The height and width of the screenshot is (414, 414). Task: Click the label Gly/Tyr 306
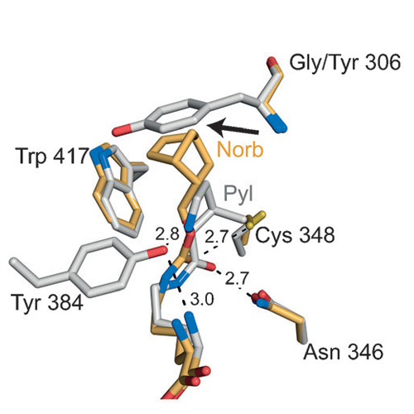(x=344, y=64)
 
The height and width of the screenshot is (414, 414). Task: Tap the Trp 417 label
(x=52, y=156)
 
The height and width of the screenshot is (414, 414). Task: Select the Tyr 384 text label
(x=46, y=302)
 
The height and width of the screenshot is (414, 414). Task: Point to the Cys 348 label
(x=295, y=236)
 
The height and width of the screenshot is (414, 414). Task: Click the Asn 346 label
(x=344, y=352)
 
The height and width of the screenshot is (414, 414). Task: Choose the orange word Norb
(x=240, y=150)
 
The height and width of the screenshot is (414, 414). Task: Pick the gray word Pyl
(x=238, y=195)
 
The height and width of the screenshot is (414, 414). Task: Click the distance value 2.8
(x=167, y=234)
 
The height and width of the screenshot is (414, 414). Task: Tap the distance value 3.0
(x=202, y=300)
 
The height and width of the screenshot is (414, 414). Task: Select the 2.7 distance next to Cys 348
(x=216, y=237)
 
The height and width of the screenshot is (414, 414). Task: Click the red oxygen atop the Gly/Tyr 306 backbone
(x=272, y=61)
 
